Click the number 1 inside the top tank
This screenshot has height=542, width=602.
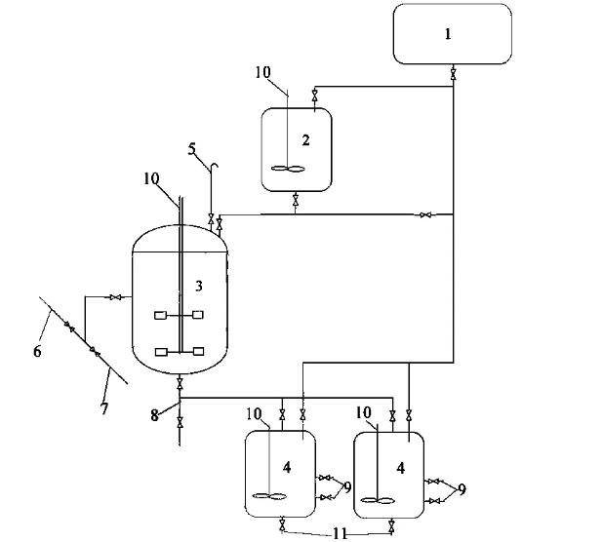point(448,34)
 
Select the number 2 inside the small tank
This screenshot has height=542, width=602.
point(305,140)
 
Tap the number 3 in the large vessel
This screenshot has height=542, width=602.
point(198,285)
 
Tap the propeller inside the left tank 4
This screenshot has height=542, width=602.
point(269,498)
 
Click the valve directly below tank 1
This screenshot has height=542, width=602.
point(454,74)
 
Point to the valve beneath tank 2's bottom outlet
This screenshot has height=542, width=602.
point(297,200)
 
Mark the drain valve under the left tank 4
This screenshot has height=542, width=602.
point(282,527)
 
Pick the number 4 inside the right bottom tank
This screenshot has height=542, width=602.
point(400,467)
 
